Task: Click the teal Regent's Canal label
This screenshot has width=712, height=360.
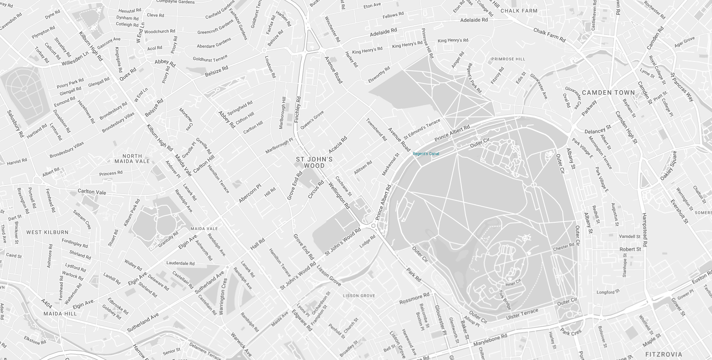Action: (x=426, y=154)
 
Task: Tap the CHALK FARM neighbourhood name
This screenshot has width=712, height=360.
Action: (x=519, y=11)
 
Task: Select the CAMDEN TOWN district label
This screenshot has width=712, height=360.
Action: (x=608, y=93)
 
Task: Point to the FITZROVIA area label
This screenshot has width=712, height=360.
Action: (x=663, y=354)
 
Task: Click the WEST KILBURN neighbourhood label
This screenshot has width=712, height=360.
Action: (x=47, y=232)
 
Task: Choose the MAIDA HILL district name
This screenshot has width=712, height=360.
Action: (x=60, y=314)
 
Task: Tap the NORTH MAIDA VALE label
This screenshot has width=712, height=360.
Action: (x=132, y=159)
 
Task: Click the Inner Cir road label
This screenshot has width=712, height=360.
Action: (x=513, y=283)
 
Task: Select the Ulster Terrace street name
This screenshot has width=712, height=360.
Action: (x=522, y=314)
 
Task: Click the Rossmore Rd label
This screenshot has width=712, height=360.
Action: (x=414, y=299)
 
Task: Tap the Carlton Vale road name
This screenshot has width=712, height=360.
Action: (x=92, y=192)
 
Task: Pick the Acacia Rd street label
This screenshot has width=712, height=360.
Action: (x=337, y=145)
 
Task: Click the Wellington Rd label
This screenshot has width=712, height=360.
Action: (x=339, y=196)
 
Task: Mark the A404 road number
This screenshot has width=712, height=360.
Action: (x=47, y=303)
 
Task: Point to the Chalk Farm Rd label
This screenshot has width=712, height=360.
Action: (x=549, y=35)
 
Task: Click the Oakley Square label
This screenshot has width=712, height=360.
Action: (x=668, y=166)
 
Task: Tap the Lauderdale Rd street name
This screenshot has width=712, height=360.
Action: (x=180, y=263)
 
